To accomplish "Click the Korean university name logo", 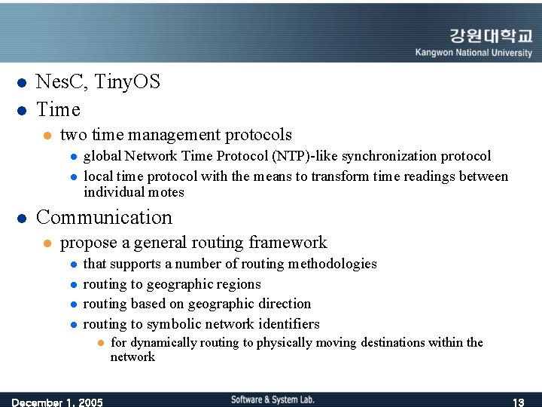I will point(491,36).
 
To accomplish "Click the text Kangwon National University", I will point(473,53).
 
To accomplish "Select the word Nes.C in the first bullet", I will point(59,81).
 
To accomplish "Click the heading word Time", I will point(58,109).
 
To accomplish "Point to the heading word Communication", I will point(104,217).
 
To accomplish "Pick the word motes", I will point(167,192).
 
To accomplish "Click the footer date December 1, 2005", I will point(57,402).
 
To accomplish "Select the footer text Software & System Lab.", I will point(273,399).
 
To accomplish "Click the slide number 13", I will point(518,402).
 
